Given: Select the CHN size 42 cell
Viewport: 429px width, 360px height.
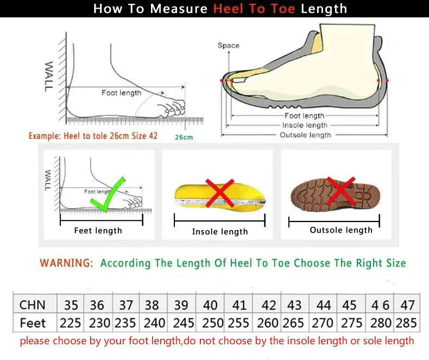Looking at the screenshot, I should click(x=268, y=305).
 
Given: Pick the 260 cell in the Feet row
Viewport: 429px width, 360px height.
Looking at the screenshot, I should click(x=268, y=323).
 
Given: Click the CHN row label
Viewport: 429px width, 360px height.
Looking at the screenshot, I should click(x=33, y=305).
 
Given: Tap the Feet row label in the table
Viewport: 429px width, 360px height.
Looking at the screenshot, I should click(x=33, y=323).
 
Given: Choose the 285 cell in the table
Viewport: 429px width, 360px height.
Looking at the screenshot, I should click(x=406, y=323).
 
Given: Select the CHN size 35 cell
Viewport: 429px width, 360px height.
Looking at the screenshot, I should click(x=71, y=305).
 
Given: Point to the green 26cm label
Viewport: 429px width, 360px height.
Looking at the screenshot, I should click(x=184, y=137).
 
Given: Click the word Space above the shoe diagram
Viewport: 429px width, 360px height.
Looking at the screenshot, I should click(x=228, y=46).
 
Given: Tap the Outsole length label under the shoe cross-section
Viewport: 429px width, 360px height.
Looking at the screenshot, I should click(x=305, y=135).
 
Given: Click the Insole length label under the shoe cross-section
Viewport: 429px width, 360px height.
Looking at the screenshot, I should click(x=305, y=125).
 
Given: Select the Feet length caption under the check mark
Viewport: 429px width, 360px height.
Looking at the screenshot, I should click(x=98, y=231).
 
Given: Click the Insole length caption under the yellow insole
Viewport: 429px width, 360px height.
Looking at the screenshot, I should click(x=220, y=232).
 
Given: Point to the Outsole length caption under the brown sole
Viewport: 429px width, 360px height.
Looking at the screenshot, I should click(x=341, y=230).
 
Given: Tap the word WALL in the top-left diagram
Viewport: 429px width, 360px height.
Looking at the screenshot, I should click(x=49, y=76).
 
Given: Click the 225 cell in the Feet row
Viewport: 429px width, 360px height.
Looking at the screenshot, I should click(x=71, y=323).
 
